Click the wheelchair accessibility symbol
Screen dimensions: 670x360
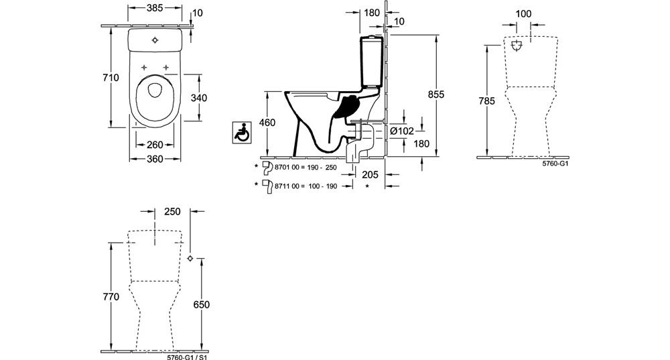pyautogui.click(x=242, y=133)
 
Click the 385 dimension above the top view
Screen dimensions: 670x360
pyautogui.click(x=155, y=7)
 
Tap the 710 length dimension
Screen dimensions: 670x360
pyautogui.click(x=111, y=77)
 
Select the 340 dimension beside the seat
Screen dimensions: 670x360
pyautogui.click(x=199, y=98)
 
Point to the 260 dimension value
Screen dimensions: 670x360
pyautogui.click(x=155, y=145)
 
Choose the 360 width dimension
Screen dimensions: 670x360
pyautogui.click(x=155, y=159)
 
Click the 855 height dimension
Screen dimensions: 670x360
pyautogui.click(x=436, y=95)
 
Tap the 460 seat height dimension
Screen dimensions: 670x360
pyautogui.click(x=267, y=123)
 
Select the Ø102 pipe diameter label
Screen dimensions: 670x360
pyautogui.click(x=401, y=131)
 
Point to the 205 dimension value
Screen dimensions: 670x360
pyautogui.click(x=370, y=174)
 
